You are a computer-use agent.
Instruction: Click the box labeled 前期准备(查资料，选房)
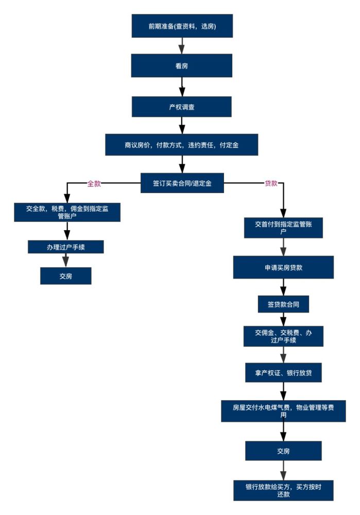click(182, 26)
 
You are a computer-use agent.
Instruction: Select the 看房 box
click(182, 66)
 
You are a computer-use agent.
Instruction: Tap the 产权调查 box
click(182, 107)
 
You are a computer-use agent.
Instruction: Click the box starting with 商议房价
click(182, 145)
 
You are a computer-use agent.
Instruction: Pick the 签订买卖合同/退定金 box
click(182, 183)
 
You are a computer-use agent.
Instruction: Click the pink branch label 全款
click(94, 184)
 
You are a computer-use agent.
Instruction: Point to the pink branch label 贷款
click(271, 183)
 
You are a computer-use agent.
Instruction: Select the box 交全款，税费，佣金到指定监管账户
click(67, 212)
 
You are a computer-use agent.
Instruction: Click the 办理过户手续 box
click(66, 247)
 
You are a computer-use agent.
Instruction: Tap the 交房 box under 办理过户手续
click(66, 276)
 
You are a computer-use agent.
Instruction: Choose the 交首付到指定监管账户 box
click(283, 228)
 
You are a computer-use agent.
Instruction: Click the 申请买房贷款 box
click(283, 267)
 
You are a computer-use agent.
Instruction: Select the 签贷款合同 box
click(283, 304)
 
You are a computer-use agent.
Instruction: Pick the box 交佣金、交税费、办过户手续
click(283, 336)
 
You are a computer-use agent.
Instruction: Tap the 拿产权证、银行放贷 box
click(283, 373)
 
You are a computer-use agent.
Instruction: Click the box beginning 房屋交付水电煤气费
click(283, 411)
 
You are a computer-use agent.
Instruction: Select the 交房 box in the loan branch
click(283, 451)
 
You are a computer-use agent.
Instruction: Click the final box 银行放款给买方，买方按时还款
click(283, 490)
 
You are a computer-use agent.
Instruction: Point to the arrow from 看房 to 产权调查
click(182, 87)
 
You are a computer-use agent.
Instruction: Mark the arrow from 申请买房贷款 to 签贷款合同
click(283, 287)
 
